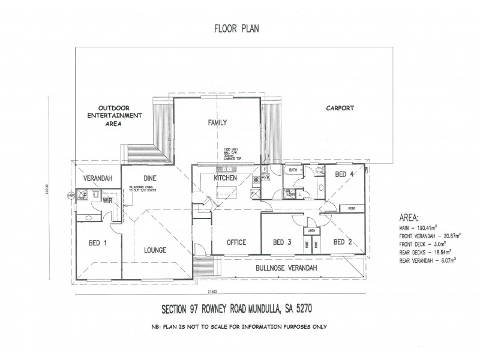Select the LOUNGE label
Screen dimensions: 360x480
coord(154,250)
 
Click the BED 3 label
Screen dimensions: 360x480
coord(282,242)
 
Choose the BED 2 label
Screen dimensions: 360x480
coord(342,242)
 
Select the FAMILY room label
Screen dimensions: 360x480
coord(217,122)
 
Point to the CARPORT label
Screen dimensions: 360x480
coord(340,109)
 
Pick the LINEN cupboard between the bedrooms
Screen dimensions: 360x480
coord(312,230)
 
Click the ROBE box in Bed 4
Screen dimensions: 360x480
coord(349,208)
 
